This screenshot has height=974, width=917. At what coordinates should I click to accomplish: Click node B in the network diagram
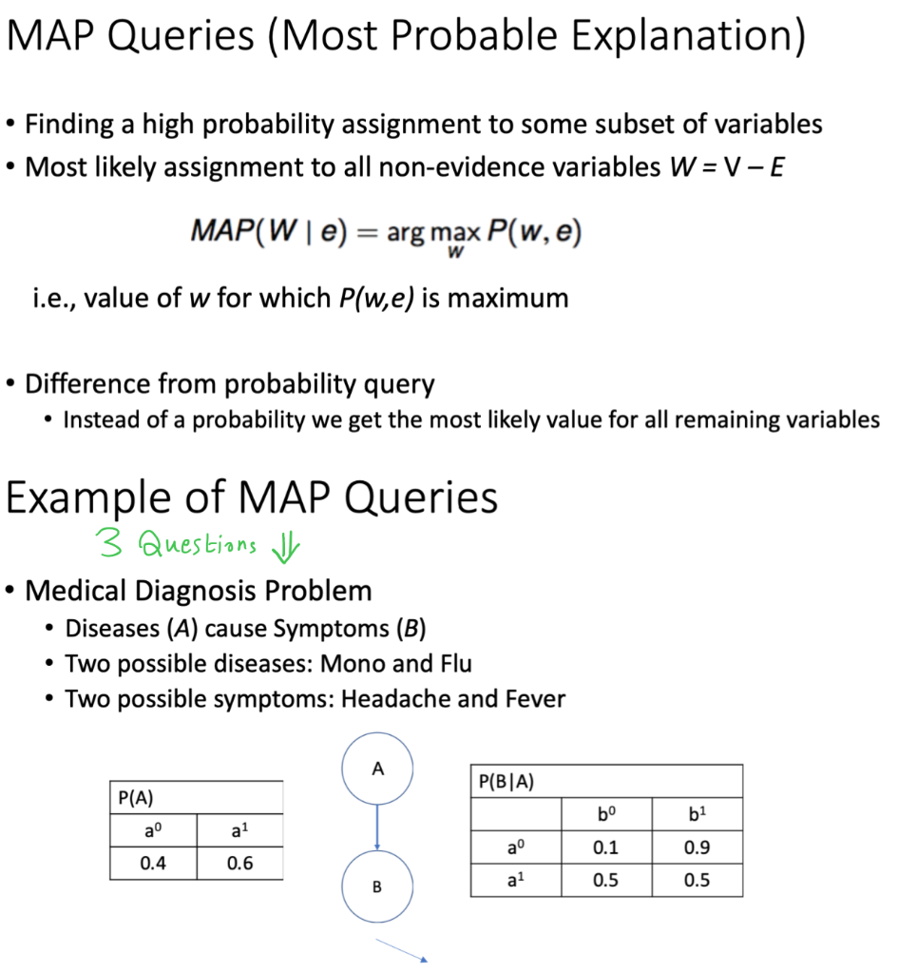[x=377, y=887]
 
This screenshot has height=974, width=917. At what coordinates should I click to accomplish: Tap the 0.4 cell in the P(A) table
[x=153, y=864]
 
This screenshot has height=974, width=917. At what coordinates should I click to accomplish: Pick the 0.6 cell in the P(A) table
[x=240, y=864]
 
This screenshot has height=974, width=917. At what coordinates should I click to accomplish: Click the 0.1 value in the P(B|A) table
[x=605, y=847]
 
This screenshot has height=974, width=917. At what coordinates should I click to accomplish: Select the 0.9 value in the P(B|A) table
[x=697, y=847]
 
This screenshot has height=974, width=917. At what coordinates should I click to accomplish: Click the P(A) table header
[x=137, y=798]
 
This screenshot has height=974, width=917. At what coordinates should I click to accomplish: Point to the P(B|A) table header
[x=506, y=782]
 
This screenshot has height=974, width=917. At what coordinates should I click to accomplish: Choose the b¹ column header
[x=697, y=815]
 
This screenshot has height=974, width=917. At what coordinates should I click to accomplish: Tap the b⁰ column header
[x=605, y=815]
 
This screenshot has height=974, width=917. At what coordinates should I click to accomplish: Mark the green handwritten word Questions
[x=197, y=545]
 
